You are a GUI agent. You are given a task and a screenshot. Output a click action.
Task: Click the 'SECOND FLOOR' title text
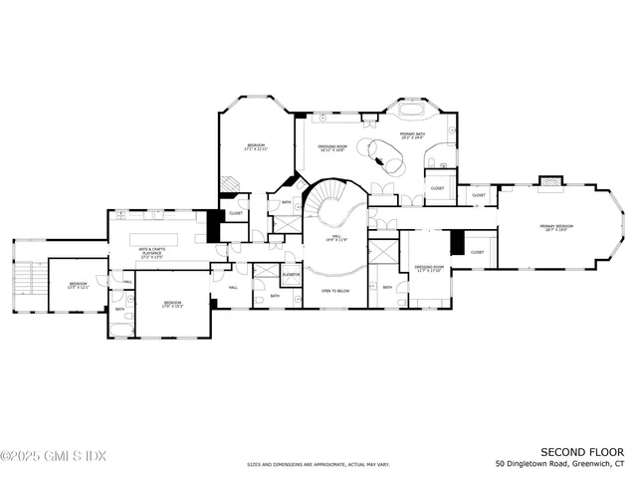tap(581, 452)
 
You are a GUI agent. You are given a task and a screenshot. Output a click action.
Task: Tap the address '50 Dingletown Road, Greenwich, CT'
tap(560, 464)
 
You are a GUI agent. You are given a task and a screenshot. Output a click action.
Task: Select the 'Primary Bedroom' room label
tap(556, 228)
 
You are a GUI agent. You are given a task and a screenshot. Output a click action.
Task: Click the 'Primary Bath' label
tap(414, 133)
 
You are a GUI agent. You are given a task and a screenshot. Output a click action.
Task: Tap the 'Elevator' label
tap(291, 274)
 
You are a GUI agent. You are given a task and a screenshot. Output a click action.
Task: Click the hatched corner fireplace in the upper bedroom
tap(230, 183)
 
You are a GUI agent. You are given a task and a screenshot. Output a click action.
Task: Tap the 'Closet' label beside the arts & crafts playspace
tap(235, 213)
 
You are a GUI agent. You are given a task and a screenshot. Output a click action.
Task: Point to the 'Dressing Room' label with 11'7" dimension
tap(428, 269)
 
